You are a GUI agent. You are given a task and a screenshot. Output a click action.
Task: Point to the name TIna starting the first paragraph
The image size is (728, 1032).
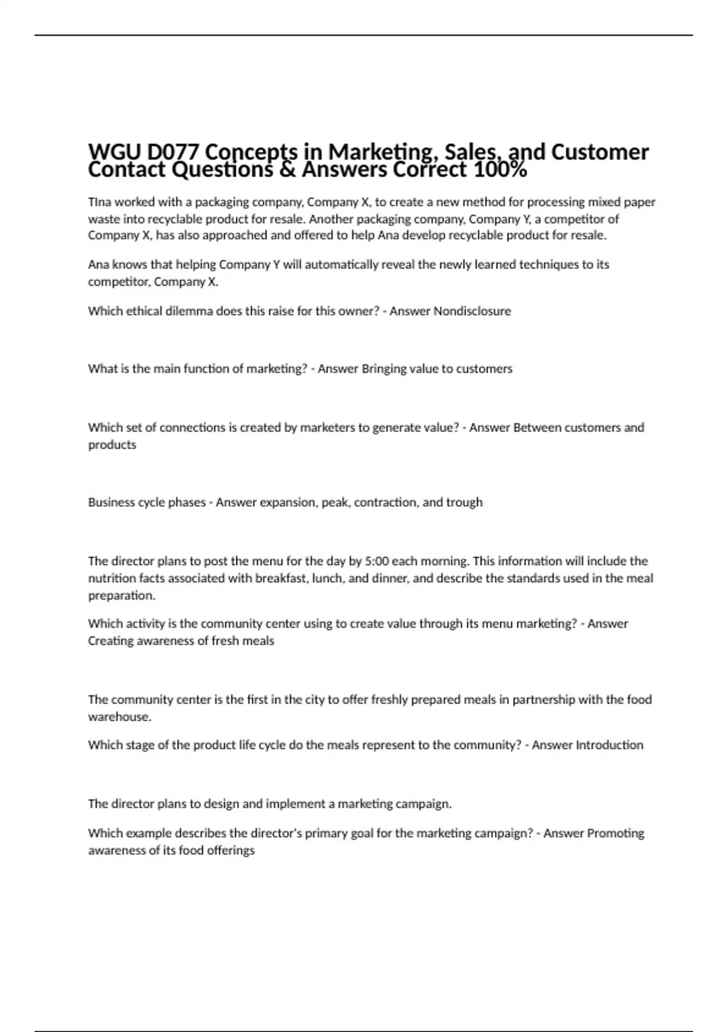(99, 202)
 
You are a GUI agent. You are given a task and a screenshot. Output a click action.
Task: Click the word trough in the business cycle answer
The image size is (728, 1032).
(464, 503)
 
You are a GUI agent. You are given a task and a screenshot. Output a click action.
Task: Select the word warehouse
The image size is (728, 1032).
(119, 717)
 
